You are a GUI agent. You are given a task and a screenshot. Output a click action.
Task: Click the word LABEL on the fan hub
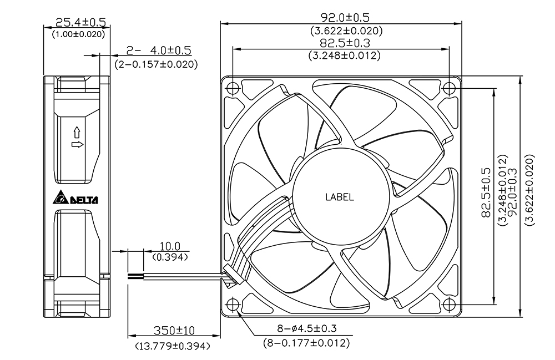(x=340, y=197)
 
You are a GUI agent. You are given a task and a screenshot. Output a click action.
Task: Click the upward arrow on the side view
(x=77, y=133)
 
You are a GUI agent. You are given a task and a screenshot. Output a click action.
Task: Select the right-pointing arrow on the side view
(x=78, y=144)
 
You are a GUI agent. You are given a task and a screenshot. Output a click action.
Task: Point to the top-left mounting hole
(x=233, y=87)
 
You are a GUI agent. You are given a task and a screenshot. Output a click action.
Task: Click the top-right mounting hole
(x=449, y=87)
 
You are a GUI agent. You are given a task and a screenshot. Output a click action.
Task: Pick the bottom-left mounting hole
(x=233, y=304)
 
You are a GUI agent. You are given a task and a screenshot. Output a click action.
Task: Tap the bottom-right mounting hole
(x=449, y=304)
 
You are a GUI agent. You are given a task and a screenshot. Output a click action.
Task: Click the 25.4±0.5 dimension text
(x=80, y=23)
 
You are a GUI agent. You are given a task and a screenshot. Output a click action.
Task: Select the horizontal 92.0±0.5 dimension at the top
(x=345, y=17)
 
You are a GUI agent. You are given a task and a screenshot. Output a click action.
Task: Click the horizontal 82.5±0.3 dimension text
(x=345, y=43)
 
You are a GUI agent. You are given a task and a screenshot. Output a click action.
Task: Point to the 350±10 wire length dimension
(x=174, y=330)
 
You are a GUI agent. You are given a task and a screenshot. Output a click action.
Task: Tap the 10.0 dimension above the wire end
(x=170, y=246)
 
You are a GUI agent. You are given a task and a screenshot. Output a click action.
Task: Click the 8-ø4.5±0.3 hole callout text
(x=306, y=328)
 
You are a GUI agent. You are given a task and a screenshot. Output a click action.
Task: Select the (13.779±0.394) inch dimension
(x=173, y=346)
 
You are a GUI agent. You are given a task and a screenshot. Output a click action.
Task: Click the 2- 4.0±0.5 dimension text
(x=159, y=50)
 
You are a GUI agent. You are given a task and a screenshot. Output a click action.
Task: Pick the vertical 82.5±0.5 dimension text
(x=486, y=192)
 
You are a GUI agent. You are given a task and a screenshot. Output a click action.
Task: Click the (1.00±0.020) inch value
(x=79, y=34)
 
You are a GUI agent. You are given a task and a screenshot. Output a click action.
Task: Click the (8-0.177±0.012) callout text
(x=306, y=343)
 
